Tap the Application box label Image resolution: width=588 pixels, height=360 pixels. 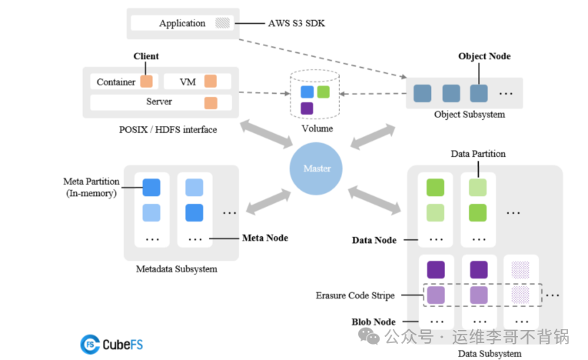182,23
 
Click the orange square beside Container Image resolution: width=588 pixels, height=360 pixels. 146,82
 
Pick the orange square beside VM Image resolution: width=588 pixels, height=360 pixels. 210,82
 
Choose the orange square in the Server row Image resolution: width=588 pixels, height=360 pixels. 210,102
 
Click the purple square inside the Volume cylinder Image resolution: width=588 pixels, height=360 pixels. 307,108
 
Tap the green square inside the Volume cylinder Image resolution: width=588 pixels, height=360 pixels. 323,92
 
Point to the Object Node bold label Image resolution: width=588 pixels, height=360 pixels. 484,56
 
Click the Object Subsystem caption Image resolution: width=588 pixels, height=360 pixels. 470,115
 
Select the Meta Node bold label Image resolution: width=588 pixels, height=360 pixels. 265,238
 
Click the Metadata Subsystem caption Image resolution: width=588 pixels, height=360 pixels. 177,269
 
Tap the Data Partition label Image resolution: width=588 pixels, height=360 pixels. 478,154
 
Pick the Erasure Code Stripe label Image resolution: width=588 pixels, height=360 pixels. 356,295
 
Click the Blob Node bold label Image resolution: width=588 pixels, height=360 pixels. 374,322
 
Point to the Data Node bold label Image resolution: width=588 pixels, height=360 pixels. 374,240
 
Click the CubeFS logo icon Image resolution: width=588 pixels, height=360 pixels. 91,344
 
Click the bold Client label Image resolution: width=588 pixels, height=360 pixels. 146,56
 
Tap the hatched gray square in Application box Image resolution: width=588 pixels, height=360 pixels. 222,23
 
